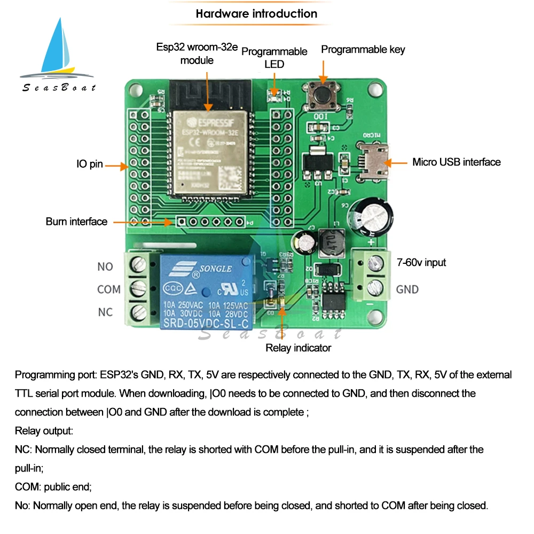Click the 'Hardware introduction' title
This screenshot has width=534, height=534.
point(256,14)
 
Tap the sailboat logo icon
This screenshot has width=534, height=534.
point(58,51)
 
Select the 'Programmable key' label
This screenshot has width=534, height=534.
point(363,50)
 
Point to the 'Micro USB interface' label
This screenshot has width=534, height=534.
point(456,162)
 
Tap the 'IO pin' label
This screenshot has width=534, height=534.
point(89,164)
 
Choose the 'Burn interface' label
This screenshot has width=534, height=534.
point(76,221)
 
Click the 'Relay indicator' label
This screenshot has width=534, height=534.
point(299,348)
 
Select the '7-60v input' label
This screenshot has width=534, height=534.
point(421,262)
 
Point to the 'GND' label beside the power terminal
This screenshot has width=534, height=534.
point(407,289)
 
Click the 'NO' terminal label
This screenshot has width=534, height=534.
point(105,266)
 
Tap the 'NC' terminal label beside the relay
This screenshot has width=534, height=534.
point(105,312)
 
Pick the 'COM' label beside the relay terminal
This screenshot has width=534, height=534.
point(109,289)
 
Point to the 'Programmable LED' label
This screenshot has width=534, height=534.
point(274,58)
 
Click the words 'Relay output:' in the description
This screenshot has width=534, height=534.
point(44,430)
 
